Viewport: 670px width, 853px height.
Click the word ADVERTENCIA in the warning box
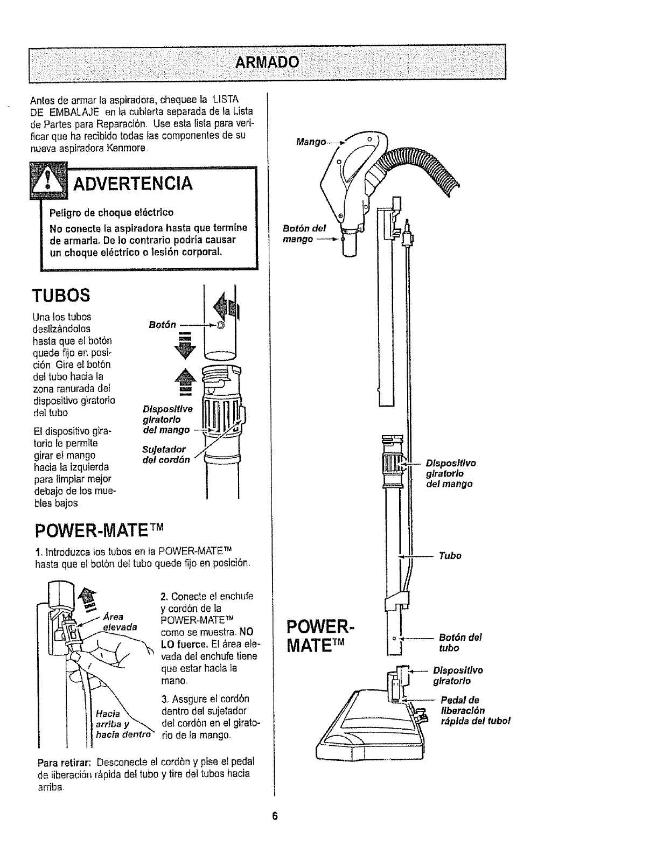132,183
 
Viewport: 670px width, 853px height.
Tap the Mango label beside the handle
311,142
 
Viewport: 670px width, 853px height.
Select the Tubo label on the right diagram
450,555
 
